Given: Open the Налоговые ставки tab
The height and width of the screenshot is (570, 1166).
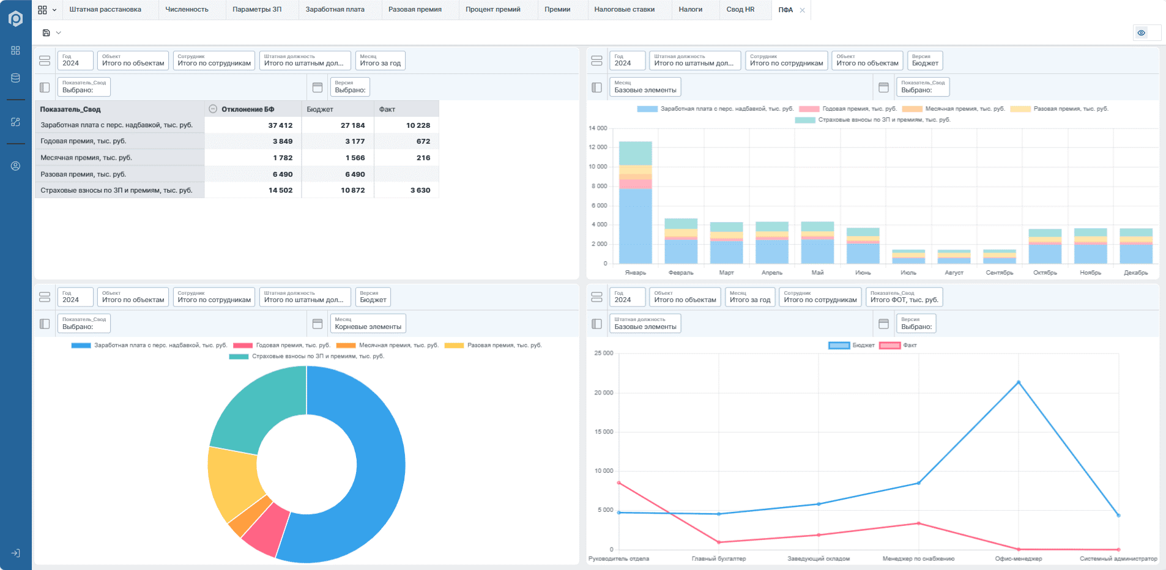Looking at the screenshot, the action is point(624,9).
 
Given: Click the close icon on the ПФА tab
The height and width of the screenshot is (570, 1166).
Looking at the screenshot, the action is point(802,10).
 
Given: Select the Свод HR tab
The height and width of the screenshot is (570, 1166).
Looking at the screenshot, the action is point(740,9).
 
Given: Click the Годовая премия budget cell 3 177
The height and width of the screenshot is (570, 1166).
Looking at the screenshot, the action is point(355,141).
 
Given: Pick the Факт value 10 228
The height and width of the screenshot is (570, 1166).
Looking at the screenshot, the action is point(418,125).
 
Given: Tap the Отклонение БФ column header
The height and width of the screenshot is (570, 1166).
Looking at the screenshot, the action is point(248,109).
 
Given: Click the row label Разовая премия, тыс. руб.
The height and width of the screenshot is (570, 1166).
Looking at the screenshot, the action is point(83,174).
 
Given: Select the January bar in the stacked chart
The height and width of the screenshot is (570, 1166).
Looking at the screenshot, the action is point(635,202).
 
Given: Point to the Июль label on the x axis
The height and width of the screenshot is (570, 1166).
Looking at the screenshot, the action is point(908,273).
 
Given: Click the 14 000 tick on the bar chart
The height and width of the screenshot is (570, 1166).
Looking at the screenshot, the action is point(598,128).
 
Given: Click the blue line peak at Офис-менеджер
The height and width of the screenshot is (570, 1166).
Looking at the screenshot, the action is point(1019,382).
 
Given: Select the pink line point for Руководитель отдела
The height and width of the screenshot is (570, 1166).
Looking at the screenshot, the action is point(619,483).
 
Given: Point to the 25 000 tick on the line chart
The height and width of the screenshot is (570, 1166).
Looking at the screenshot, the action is point(603,353).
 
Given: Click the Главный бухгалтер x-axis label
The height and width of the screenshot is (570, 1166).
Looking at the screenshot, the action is point(719,558).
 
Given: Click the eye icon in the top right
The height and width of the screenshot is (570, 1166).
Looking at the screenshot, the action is point(1142,33).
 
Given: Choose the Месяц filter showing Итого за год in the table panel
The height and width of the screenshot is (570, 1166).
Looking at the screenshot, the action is point(381,61).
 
